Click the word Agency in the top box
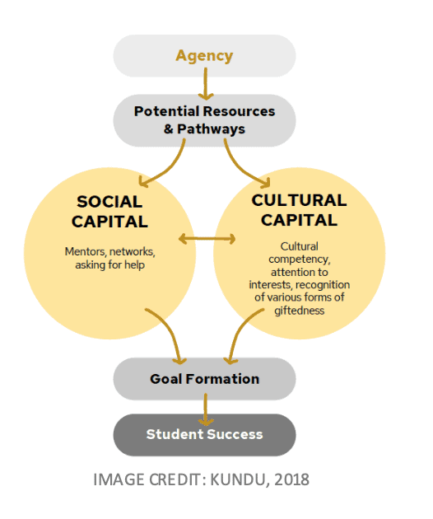click(x=204, y=56)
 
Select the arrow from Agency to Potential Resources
click(x=206, y=84)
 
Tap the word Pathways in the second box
click(x=211, y=129)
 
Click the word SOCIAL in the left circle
click(x=109, y=202)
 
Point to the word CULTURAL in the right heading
click(x=299, y=200)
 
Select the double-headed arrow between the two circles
click(x=207, y=239)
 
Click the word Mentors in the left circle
click(x=85, y=252)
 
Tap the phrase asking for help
click(x=109, y=264)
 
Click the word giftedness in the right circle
click(x=299, y=311)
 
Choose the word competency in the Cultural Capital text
click(x=299, y=259)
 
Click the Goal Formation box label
click(x=204, y=379)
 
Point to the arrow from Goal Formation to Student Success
click(x=206, y=409)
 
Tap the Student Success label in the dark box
click(x=204, y=435)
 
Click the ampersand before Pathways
click(x=169, y=129)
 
